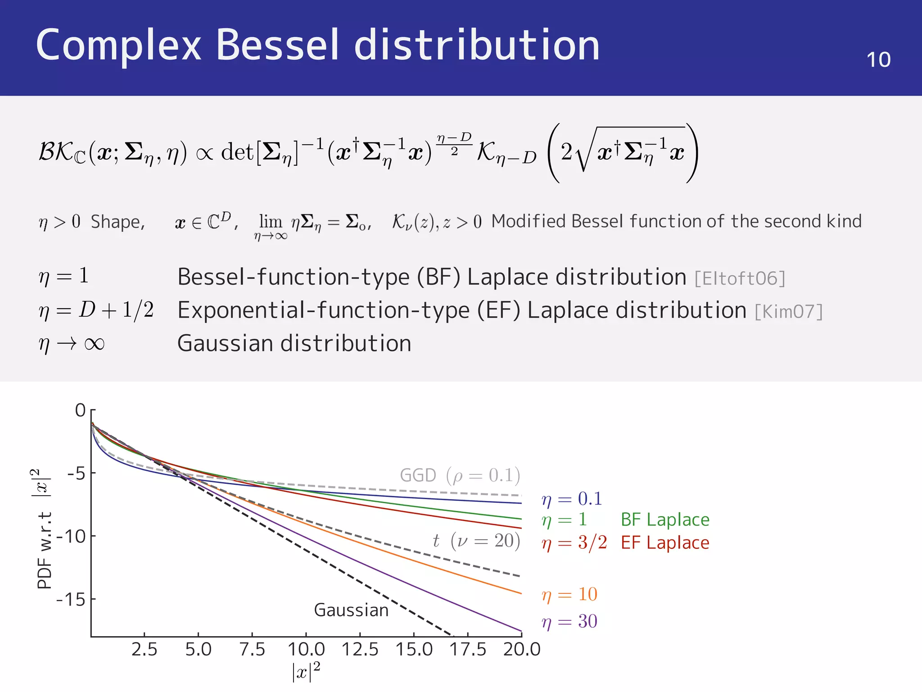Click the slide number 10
click(x=878, y=60)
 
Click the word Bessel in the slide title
click(x=277, y=45)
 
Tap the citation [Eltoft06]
click(x=740, y=278)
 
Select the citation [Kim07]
click(x=789, y=312)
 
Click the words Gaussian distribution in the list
click(x=294, y=343)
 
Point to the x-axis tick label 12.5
click(x=360, y=649)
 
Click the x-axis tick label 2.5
click(x=144, y=649)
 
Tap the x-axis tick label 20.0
click(x=522, y=649)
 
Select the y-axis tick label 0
click(x=80, y=410)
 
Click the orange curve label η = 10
click(x=569, y=595)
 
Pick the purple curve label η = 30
click(x=569, y=622)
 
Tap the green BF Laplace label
click(x=665, y=520)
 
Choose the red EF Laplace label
click(x=665, y=543)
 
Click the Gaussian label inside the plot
click(x=351, y=610)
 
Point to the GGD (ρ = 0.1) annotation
click(x=460, y=475)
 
